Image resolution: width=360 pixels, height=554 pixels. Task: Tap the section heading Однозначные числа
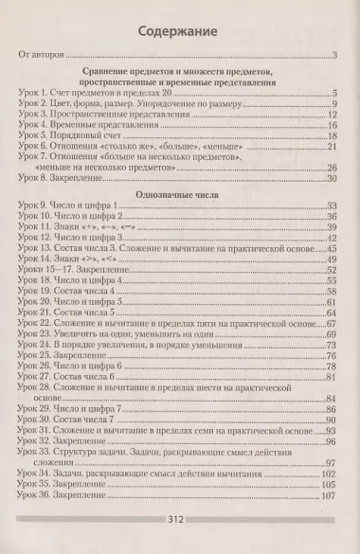179,189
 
